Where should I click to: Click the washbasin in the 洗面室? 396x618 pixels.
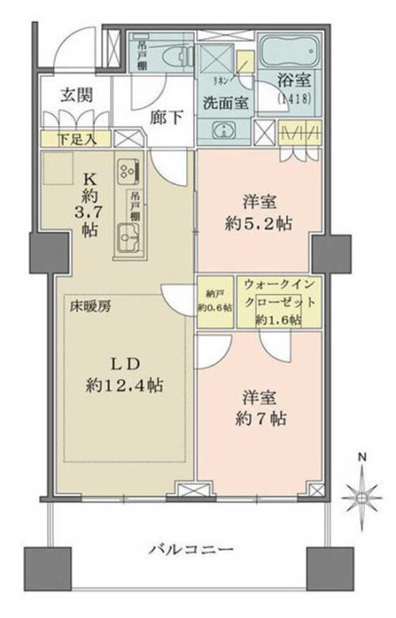pyautogui.click(x=225, y=132)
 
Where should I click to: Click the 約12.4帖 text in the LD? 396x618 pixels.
pyautogui.click(x=125, y=386)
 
